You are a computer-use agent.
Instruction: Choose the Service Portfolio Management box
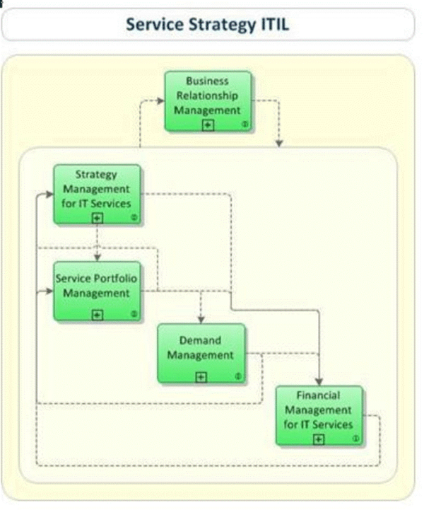pos(97,291)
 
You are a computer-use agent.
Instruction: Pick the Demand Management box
pos(201,353)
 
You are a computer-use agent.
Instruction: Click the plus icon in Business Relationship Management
pos(207,124)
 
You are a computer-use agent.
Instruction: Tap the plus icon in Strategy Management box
pos(97,218)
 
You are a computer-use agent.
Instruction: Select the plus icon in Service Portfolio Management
pos(97,315)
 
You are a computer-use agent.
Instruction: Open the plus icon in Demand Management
pos(201,376)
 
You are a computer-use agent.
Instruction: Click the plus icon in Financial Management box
pos(318,439)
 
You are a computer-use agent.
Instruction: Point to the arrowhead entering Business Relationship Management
pos(160,100)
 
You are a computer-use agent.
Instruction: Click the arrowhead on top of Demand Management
pos(201,320)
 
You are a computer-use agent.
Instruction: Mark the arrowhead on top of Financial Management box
pos(320,381)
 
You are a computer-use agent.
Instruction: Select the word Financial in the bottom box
pos(318,395)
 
